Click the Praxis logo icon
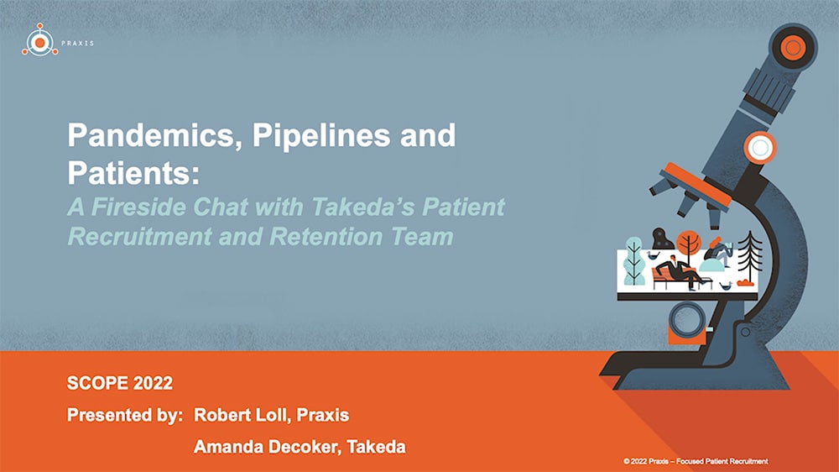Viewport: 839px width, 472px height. click(x=39, y=40)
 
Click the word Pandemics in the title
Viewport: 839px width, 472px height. click(x=151, y=135)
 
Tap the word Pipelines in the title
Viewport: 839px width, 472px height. click(x=321, y=135)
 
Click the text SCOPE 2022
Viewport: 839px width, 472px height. click(x=120, y=383)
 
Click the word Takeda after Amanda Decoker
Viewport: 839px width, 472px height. click(x=376, y=446)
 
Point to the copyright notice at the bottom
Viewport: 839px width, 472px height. click(x=696, y=461)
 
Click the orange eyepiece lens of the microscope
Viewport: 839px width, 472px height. click(x=793, y=47)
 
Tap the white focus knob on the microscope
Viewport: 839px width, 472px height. click(x=760, y=147)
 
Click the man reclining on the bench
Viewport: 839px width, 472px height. click(x=680, y=271)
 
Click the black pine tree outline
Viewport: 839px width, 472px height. click(x=749, y=256)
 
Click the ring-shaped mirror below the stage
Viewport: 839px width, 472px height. click(x=687, y=320)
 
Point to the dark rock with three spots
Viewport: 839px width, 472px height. click(x=663, y=239)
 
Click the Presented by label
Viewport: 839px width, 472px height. click(x=125, y=415)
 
